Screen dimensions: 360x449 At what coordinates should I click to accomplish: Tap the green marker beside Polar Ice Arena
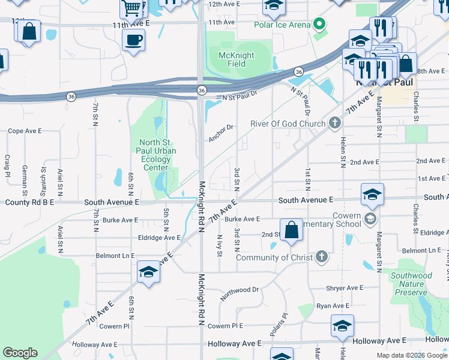(x=319, y=25)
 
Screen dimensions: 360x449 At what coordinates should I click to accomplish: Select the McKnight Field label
(x=236, y=60)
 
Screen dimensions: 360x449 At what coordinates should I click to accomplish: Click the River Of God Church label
(x=288, y=124)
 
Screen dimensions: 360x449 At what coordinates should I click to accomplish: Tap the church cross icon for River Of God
(x=335, y=124)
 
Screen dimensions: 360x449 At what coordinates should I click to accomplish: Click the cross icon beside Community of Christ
(x=322, y=257)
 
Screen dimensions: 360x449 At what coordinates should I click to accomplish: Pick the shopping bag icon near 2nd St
(x=291, y=230)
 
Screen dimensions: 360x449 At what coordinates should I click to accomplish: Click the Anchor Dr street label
(x=220, y=133)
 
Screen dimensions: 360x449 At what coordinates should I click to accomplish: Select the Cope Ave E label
(x=25, y=130)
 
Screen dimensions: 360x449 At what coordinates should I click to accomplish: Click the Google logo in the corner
(x=20, y=353)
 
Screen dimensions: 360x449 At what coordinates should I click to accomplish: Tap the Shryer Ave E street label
(x=345, y=288)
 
